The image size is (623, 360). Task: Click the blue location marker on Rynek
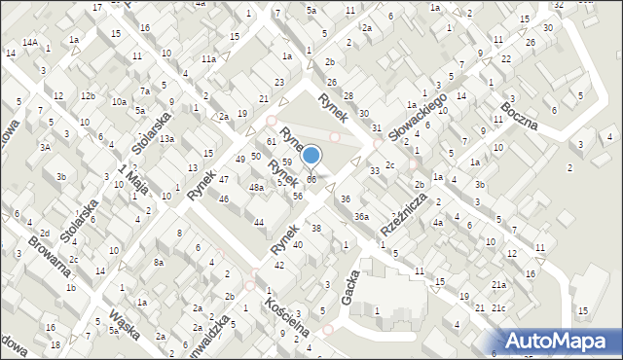click(x=311, y=155)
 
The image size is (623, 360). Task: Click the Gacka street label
click(x=351, y=286)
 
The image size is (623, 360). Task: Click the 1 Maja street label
click(x=133, y=178)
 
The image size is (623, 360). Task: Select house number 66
click(x=311, y=179)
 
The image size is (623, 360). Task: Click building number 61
click(x=272, y=142)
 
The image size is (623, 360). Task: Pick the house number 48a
click(x=256, y=187)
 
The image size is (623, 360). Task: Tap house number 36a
click(x=361, y=216)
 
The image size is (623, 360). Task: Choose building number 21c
click(x=498, y=308)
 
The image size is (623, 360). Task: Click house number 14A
click(x=31, y=43)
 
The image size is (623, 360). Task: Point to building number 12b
click(x=88, y=95)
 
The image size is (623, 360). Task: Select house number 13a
click(x=167, y=139)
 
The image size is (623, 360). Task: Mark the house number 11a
click(x=208, y=59)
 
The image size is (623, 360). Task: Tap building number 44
click(x=259, y=223)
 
